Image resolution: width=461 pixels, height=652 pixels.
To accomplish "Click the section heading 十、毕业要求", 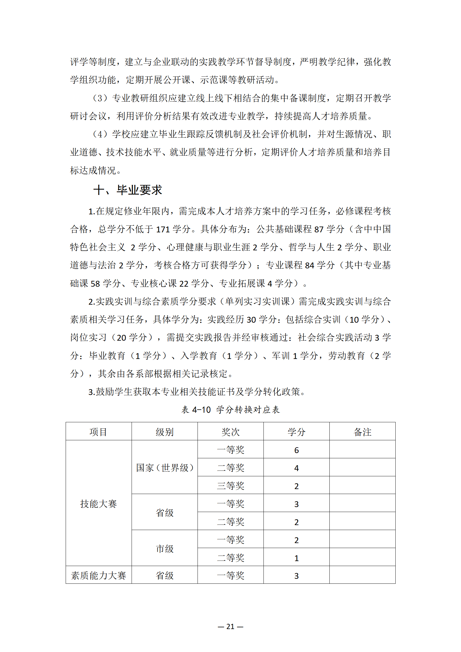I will point(128,190).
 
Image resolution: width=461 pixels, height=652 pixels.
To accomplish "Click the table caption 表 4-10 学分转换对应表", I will point(230,409).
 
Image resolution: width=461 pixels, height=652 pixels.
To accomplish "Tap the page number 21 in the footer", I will point(230,626).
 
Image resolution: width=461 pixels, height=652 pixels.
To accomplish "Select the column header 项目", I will point(98,432).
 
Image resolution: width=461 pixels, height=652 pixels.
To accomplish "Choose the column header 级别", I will point(164,432).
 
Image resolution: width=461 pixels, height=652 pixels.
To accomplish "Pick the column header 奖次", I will point(230,432).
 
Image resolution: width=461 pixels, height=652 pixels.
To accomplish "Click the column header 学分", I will point(296,432).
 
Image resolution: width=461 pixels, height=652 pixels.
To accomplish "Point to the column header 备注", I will point(362,432).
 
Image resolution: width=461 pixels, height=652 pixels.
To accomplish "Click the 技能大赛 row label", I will point(98,504).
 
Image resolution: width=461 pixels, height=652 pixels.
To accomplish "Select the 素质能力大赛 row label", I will point(98,575).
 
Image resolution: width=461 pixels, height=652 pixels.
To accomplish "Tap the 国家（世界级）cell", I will point(164,468).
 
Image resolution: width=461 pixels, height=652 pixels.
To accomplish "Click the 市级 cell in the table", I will point(164,548).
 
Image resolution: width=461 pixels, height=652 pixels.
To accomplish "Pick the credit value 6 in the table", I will point(296,450).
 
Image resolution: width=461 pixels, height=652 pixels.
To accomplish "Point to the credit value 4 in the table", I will point(296,468).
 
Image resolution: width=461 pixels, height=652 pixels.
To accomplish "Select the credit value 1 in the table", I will point(296,558).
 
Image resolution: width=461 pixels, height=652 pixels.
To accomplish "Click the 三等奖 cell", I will point(230,486).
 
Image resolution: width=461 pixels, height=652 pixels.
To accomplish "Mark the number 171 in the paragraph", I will point(163,229).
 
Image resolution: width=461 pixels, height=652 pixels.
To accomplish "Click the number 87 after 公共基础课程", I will point(319,229).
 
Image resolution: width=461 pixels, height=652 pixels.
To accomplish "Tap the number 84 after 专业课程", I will point(310,265).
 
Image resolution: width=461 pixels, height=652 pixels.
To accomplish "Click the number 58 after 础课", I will point(95,283).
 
